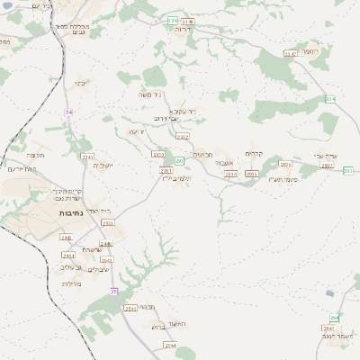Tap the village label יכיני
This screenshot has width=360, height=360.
[81, 84]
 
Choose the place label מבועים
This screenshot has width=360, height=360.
[203, 154]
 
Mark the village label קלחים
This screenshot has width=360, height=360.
[255, 153]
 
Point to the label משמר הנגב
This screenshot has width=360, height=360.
[341, 336]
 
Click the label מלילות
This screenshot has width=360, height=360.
[73, 284]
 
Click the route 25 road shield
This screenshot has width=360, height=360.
[114, 291]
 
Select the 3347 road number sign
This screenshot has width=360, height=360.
[290, 54]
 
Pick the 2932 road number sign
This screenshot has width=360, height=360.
[183, 137]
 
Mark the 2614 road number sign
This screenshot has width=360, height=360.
[230, 174]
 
